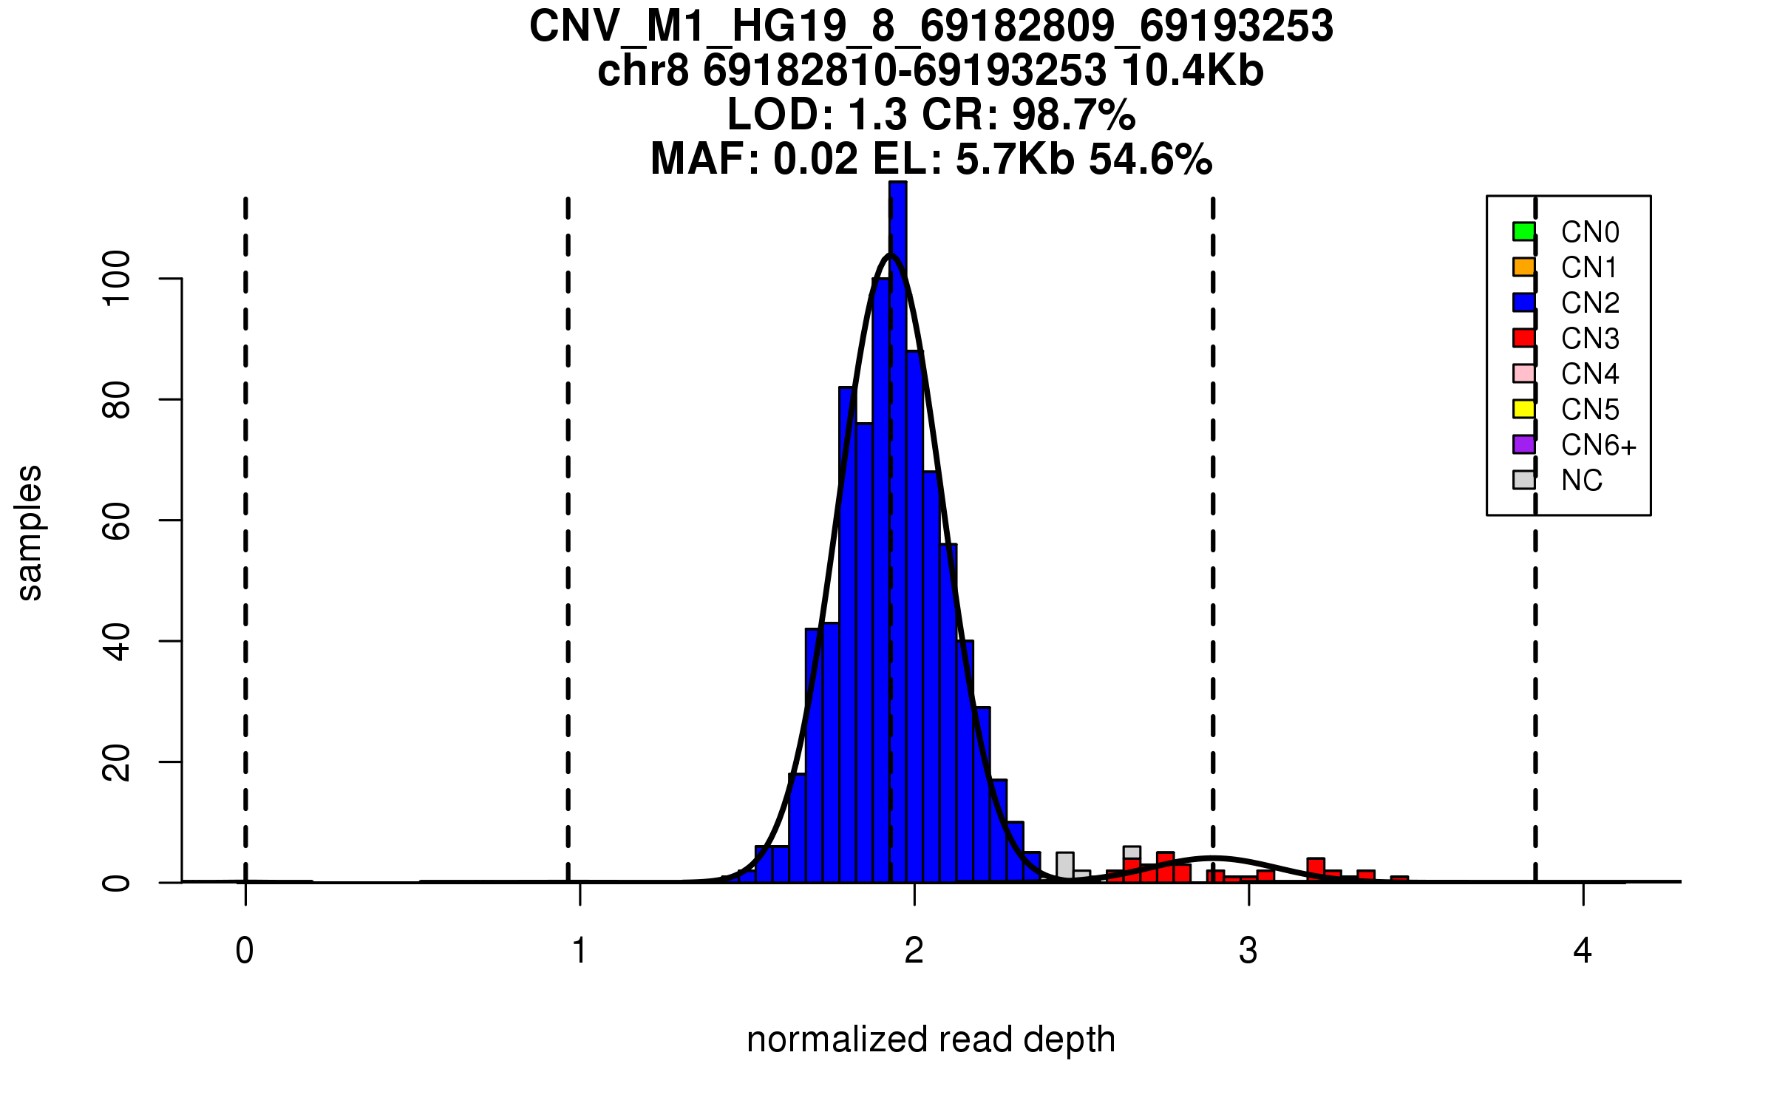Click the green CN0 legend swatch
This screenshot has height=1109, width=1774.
[x=1523, y=231]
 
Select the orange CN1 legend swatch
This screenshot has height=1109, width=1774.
[x=1523, y=267]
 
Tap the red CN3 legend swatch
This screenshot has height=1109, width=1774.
[x=1523, y=338]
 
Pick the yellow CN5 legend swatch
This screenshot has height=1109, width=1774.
[x=1523, y=409]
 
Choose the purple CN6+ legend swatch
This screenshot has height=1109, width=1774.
[x=1523, y=444]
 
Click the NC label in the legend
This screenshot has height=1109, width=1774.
[x=1581, y=481]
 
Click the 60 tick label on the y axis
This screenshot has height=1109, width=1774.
[x=117, y=520]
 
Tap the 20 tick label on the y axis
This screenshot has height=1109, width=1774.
[x=117, y=762]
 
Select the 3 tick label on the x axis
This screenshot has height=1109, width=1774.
[x=1248, y=951]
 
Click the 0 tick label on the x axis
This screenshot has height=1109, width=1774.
[x=245, y=951]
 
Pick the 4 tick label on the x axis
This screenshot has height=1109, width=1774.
[x=1583, y=951]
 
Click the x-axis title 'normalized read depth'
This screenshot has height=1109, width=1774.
[x=931, y=1040]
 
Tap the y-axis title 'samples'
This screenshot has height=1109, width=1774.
[x=30, y=533]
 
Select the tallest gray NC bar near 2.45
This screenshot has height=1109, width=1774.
[x=1064, y=865]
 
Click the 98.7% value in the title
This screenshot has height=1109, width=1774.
[x=1073, y=115]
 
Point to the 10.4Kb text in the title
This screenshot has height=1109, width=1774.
[x=1192, y=71]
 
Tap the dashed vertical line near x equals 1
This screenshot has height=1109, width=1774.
[x=568, y=518]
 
